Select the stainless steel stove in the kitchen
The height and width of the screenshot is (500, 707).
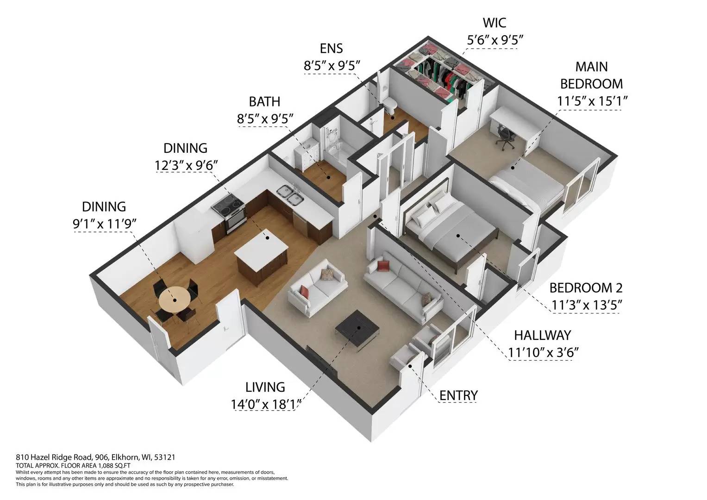coord(229,214)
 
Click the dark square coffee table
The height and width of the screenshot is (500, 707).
coord(357,329)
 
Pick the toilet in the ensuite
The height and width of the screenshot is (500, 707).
coord(391,106)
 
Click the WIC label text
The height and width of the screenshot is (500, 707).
coord(494,22)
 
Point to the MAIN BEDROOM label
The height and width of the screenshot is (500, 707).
coord(591,75)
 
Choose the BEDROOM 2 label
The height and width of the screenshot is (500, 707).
coord(586,287)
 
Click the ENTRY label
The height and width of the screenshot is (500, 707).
coord(458,395)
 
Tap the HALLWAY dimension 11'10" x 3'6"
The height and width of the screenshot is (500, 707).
coord(544,352)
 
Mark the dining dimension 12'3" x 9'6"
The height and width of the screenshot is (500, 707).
coord(185,165)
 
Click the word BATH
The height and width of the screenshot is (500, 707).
coord(264,101)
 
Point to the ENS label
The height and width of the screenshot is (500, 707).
coord(331,48)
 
